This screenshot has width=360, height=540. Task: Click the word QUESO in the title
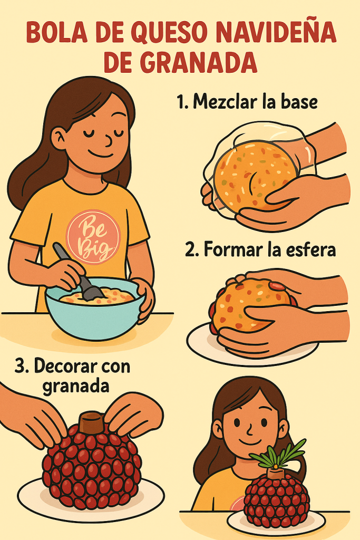(x=169, y=33)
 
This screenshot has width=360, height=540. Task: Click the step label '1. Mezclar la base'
(x=247, y=102)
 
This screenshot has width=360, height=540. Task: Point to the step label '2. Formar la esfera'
(x=260, y=249)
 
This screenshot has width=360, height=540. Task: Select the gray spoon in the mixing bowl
(x=79, y=272)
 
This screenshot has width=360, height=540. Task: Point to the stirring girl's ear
(x=59, y=138)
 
